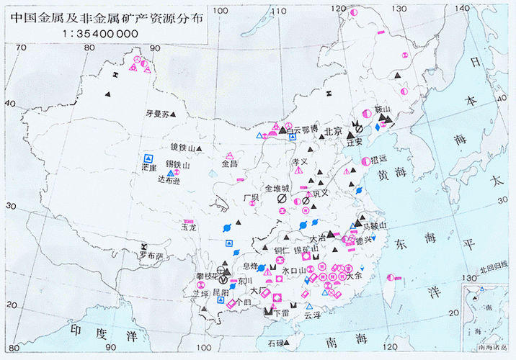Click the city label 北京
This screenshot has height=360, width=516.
pos(333,132)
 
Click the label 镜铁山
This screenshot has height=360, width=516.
pos(183,148)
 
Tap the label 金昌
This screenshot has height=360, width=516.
pos(229,164)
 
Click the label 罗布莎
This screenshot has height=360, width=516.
pos(151,256)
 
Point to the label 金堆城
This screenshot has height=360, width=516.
pos(279,187)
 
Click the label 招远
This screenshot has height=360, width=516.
pos(379,160)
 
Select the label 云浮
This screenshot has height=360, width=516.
pos(312,315)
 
